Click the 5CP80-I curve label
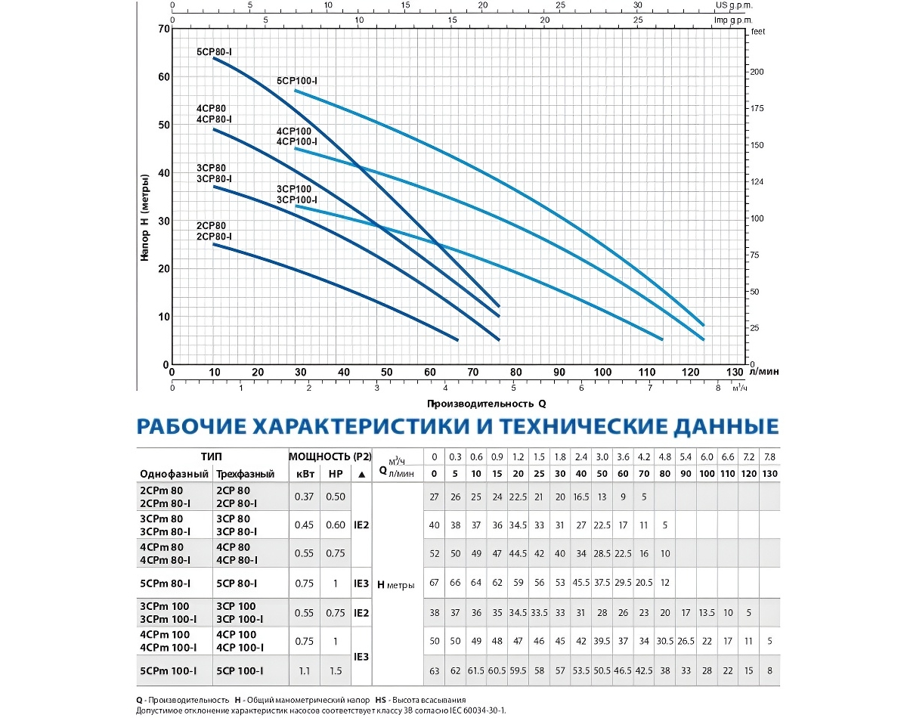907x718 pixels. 214,52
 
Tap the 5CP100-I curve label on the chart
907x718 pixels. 296,80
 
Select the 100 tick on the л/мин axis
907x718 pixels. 602,372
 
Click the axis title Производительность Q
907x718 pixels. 485,404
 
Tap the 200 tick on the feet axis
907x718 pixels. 757,72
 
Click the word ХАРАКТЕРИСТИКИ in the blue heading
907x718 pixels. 358,427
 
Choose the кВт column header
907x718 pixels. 302,475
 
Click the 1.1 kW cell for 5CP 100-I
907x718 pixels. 302,670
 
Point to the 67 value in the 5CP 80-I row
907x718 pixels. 434,583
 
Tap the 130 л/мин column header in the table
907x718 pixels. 769,475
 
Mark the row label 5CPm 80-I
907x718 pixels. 164,583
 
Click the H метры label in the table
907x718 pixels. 395,584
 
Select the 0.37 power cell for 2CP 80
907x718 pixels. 302,496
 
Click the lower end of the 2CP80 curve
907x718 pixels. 457,339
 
